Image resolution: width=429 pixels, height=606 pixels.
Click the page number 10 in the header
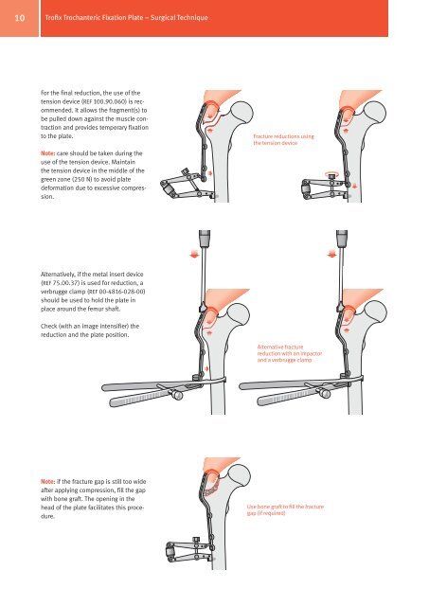19,18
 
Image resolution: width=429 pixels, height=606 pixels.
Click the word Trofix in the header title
53,17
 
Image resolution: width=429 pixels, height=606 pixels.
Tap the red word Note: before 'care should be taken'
48,153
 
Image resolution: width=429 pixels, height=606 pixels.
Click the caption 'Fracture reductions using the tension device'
284,139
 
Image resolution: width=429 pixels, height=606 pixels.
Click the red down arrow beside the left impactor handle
194,254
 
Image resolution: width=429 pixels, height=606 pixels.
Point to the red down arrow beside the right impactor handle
331,254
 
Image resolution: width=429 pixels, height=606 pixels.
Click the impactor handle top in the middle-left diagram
204,237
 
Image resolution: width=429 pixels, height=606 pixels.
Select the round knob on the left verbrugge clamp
178,395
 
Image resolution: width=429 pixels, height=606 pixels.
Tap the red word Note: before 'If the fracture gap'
48,482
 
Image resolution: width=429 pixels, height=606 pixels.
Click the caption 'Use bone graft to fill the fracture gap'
285,509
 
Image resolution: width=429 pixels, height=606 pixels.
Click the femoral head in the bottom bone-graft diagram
240,475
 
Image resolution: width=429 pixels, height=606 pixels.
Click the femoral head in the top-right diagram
375,113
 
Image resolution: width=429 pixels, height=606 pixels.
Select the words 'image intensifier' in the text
109,326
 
